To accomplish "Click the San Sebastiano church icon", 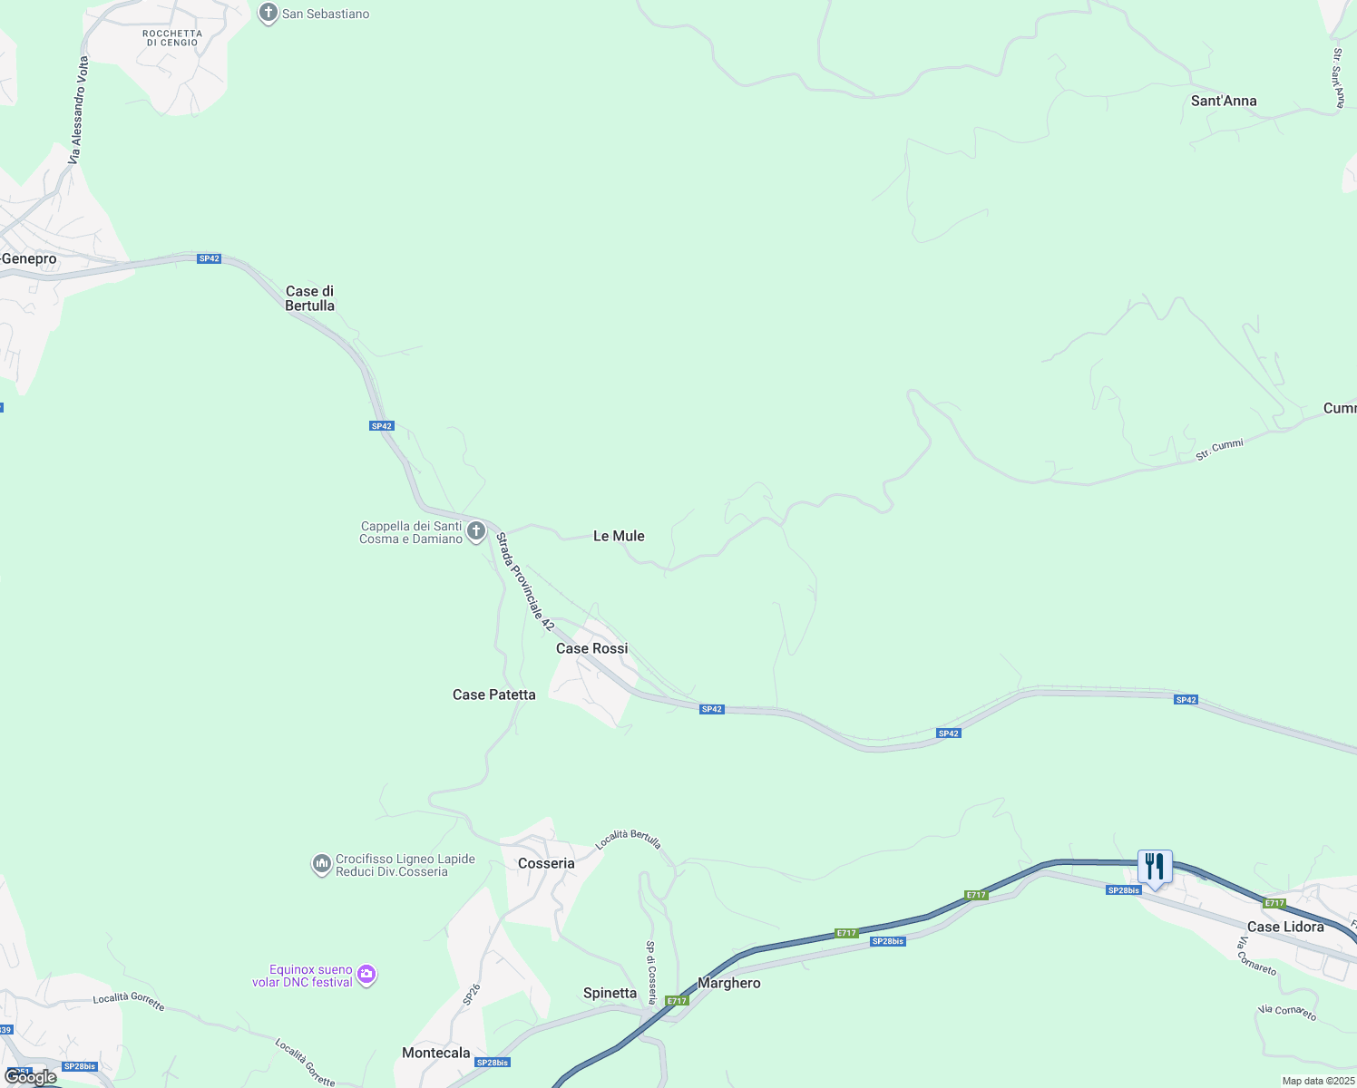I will click(268, 14).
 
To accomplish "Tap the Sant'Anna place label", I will click(1224, 101).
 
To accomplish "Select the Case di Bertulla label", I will click(310, 298).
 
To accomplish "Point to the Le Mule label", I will click(619, 536).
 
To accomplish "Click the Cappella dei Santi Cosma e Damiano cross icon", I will click(476, 530).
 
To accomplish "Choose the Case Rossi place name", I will click(591, 648).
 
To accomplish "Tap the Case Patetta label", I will click(494, 695).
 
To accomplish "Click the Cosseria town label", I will click(546, 863).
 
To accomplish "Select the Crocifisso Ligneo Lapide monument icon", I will click(321, 865).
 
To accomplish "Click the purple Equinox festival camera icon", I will click(366, 976).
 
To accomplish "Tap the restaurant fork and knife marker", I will click(1155, 867).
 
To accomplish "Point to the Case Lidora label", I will click(1285, 927).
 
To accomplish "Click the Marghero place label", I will click(729, 983).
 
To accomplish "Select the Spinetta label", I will click(610, 993).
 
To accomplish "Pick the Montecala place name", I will click(436, 1053).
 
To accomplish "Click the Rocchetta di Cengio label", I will click(172, 38).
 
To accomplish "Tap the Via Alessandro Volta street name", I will click(79, 111).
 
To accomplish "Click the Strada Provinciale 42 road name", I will click(524, 581).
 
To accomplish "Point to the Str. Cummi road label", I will click(1219, 450).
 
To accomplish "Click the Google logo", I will click(31, 1077).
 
